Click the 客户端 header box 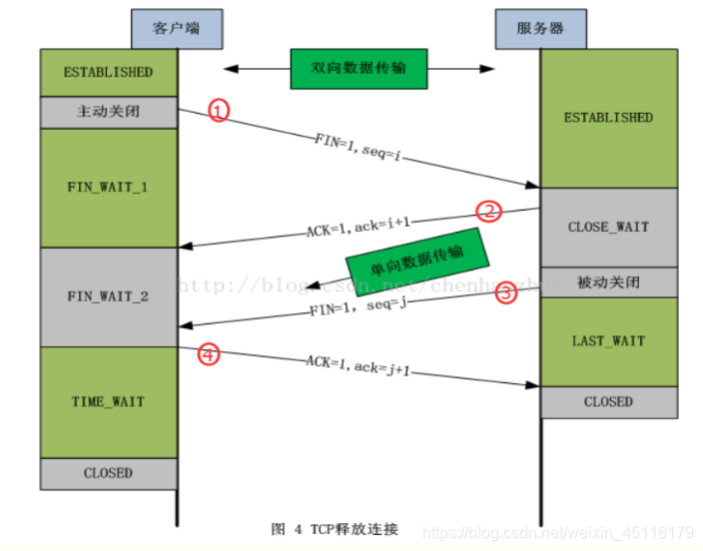click(176, 28)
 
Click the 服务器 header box click(543, 28)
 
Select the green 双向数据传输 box click(359, 70)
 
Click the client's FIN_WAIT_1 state click(108, 186)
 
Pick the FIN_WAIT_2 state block click(108, 296)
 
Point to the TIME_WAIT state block click(108, 401)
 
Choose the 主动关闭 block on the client click(108, 111)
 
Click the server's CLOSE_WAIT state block click(608, 227)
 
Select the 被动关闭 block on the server click(608, 282)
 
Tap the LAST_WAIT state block click(608, 341)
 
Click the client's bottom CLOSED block click(108, 472)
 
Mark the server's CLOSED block click(608, 401)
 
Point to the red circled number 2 click(488, 211)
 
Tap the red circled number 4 click(208, 353)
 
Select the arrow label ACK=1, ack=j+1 click(357, 364)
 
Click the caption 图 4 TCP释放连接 click(335, 528)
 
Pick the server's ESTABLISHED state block click(608, 118)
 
